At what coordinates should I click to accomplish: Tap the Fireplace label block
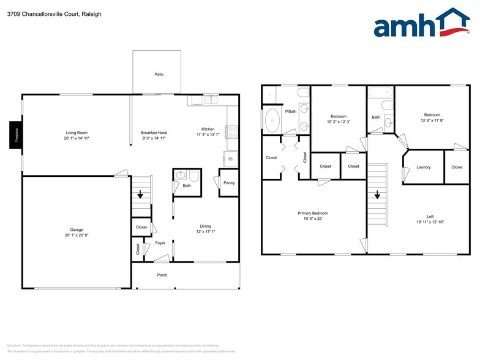(x=17, y=135)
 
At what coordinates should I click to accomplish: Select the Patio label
(x=159, y=75)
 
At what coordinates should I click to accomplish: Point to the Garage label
(x=77, y=230)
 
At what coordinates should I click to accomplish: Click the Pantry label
(x=229, y=183)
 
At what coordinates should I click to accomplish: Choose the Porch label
(x=162, y=275)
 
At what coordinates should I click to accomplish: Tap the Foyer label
(x=160, y=243)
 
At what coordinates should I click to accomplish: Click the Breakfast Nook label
(x=154, y=133)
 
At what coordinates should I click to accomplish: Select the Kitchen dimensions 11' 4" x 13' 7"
(x=208, y=135)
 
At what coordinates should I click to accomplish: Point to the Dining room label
(x=204, y=226)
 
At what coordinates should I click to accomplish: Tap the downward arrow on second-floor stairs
(x=377, y=196)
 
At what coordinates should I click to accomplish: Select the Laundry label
(x=423, y=167)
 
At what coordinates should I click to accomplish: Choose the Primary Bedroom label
(x=313, y=213)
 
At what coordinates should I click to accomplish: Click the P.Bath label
(x=291, y=111)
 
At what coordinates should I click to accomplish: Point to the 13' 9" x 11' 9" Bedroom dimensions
(x=432, y=120)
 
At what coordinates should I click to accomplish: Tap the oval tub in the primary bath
(x=271, y=121)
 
